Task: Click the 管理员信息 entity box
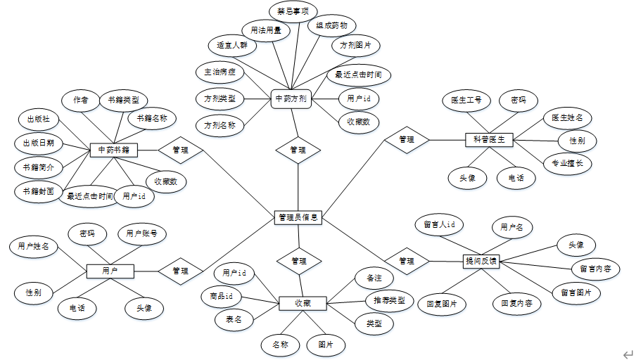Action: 298,218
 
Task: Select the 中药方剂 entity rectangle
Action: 291,98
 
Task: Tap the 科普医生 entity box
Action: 490,140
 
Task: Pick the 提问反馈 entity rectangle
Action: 481,261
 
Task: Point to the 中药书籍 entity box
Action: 113,150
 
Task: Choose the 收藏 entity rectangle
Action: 303,304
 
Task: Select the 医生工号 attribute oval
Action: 466,101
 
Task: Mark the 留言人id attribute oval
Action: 439,225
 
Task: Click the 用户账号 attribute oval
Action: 141,233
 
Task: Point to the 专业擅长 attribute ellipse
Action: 568,164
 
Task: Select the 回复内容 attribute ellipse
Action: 516,304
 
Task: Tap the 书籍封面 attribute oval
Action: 39,191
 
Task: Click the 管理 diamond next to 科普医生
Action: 406,140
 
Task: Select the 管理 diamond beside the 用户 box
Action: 180,271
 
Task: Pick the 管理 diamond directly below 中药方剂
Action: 298,150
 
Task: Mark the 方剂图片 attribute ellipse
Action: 356,46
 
